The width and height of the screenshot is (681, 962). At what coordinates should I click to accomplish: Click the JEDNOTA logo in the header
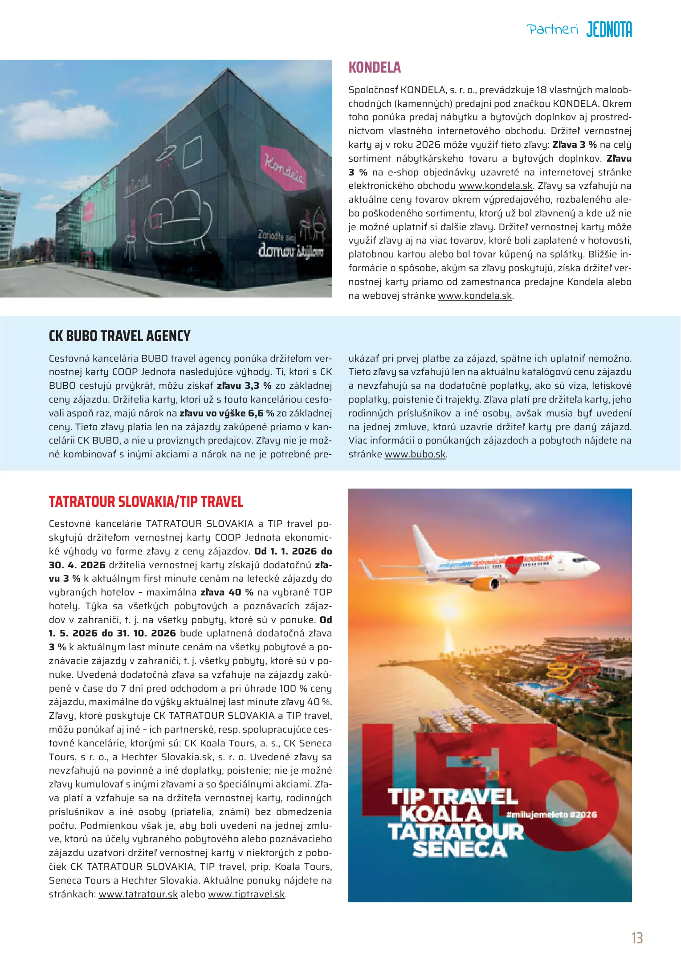pos(609,30)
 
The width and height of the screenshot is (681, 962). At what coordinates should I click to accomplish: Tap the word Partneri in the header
pos(552,30)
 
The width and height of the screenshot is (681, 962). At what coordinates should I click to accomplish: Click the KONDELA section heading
pos(375,67)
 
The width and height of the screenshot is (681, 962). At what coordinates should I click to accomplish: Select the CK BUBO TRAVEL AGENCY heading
pos(119,336)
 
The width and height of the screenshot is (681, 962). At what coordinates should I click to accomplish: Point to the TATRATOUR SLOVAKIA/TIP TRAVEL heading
pos(146,501)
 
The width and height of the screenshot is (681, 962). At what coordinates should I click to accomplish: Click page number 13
pos(637,938)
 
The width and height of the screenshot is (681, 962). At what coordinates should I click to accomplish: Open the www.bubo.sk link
pos(415,454)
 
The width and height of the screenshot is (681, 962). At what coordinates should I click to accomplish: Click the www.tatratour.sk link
pos(138,894)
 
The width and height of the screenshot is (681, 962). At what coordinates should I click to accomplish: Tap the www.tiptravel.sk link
pos(246,894)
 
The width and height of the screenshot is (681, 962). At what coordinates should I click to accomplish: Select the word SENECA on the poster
pos(460,849)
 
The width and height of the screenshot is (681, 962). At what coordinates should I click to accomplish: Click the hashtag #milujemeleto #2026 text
pos(551,815)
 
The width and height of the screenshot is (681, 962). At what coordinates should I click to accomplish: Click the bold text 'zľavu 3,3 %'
pos(244,386)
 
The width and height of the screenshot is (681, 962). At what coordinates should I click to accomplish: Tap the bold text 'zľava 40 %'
pos(227,592)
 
